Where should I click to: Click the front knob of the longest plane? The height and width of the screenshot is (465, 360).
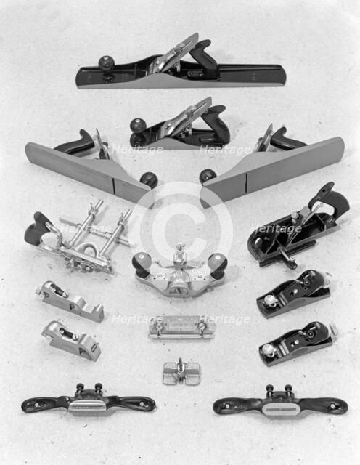pyautogui.click(x=107, y=63)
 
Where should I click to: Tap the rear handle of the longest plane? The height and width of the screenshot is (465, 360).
pyautogui.click(x=205, y=55)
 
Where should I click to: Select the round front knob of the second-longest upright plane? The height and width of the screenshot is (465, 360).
pyautogui.click(x=138, y=126)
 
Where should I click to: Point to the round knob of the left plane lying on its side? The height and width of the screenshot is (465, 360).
pyautogui.click(x=149, y=179)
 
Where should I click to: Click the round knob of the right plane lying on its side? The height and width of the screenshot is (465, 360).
pyautogui.click(x=208, y=176)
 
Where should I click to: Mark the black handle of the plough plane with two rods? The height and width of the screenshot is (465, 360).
pyautogui.click(x=37, y=228)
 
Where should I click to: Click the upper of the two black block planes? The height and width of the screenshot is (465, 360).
pyautogui.click(x=293, y=293)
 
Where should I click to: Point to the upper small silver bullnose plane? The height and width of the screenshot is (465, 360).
pyautogui.click(x=69, y=300)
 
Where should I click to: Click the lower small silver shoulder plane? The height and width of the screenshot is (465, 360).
pyautogui.click(x=70, y=339)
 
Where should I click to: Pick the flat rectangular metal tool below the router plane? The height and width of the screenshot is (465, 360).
pyautogui.click(x=181, y=326)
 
